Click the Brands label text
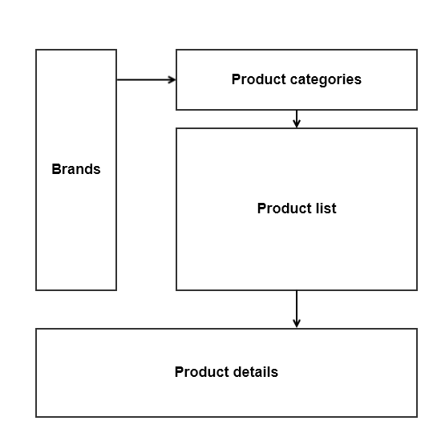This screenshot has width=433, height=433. [x=76, y=169]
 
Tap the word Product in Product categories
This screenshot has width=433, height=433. [x=259, y=79]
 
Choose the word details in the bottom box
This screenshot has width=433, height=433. [x=254, y=372]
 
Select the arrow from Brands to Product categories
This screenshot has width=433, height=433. [x=144, y=79]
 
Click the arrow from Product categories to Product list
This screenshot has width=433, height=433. [x=297, y=119]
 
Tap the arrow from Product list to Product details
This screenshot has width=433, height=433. [x=297, y=309]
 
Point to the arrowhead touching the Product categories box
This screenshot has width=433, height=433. [x=172, y=79]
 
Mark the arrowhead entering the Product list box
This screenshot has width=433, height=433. [x=297, y=124]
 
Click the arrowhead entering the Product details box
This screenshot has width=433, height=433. [x=297, y=324]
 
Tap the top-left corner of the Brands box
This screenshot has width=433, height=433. [x=36, y=50]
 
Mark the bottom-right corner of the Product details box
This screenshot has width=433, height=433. [x=417, y=417]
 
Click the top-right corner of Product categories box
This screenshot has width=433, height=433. [x=417, y=50]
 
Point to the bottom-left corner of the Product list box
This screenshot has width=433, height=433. [x=176, y=290]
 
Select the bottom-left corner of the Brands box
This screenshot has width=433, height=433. [x=36, y=290]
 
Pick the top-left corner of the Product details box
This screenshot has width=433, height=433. [x=36, y=329]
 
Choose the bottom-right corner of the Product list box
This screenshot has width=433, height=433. [x=417, y=290]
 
